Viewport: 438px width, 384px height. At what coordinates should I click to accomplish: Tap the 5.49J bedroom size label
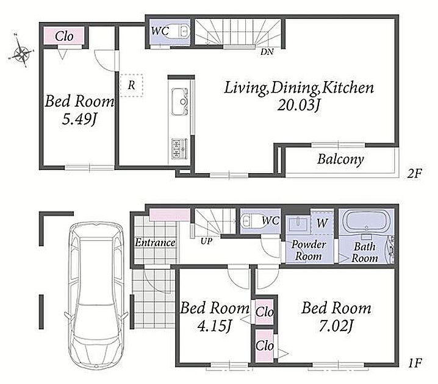tap(79, 120)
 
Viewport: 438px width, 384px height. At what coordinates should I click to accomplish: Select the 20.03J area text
tap(298, 105)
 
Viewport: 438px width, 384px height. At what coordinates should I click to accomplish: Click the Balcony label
tap(340, 159)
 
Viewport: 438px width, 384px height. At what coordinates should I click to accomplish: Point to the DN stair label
tap(267, 52)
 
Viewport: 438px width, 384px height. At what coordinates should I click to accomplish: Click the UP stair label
tap(206, 241)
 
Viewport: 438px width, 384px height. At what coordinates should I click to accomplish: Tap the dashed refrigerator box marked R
tap(132, 85)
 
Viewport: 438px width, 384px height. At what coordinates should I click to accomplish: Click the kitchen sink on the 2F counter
tap(179, 102)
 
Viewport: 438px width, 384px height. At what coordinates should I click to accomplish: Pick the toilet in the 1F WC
tap(250, 221)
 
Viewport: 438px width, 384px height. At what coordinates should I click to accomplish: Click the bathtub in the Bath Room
tap(366, 221)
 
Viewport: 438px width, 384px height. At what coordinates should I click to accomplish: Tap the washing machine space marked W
tap(322, 222)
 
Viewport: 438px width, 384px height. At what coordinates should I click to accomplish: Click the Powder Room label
tap(309, 250)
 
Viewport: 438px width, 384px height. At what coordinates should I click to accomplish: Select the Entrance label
tap(155, 243)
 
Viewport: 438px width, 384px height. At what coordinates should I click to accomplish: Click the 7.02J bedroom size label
tap(336, 326)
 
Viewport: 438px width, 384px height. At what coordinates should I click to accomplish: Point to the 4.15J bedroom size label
tap(215, 325)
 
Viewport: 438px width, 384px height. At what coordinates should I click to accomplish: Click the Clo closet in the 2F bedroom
tap(64, 36)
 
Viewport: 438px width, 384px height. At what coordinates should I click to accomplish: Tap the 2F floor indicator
tap(414, 174)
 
